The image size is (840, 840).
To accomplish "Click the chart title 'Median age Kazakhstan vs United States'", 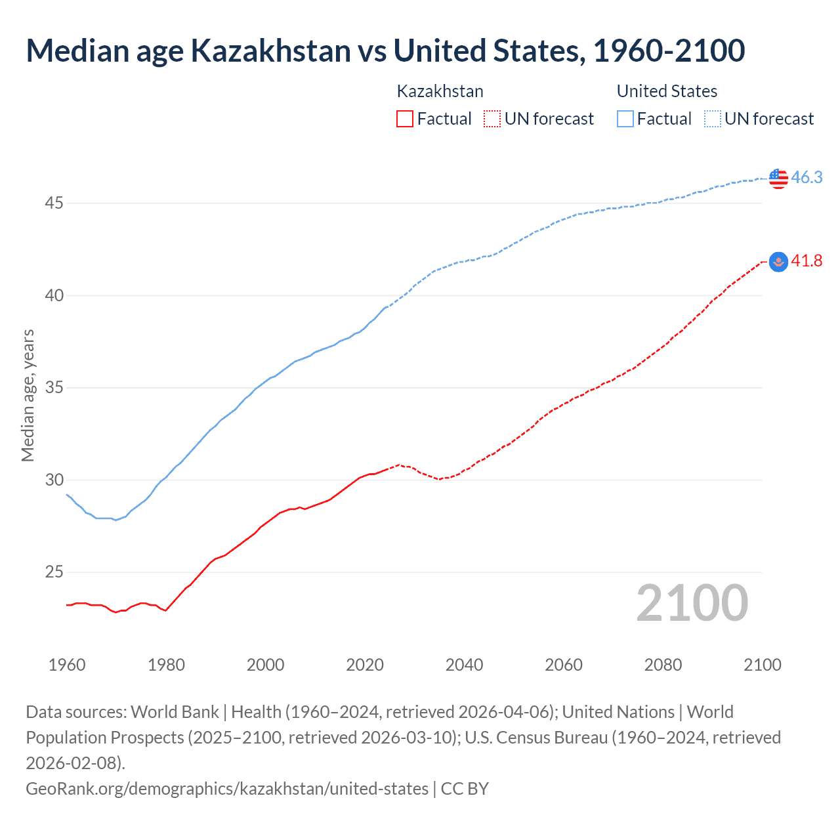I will pos(385,51).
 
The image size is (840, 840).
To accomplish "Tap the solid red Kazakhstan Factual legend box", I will pos(405,119).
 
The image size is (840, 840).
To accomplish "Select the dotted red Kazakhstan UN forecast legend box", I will pos(492,119).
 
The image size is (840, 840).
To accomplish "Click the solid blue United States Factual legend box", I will pos(625,119).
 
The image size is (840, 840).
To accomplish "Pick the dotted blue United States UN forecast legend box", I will pos(712,119).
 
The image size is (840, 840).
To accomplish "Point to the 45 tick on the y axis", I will pos(54,203).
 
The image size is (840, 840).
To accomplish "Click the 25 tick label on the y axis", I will pos(54,572).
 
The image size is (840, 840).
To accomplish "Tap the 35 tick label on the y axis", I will pos(54,388).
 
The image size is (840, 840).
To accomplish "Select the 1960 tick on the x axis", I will pos(67,665).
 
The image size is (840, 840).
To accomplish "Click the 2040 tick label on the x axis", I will pos(464,665).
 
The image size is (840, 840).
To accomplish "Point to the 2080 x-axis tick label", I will pos(663,665).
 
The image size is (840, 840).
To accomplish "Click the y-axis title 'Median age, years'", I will pos(28,396).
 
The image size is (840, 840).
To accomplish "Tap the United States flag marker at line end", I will pos(778,178).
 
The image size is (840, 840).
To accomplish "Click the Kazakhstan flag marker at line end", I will pos(778,262).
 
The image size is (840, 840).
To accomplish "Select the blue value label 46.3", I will pos(807,177).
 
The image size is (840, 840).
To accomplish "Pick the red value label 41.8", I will pos(807,261).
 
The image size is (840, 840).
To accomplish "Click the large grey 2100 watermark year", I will pos(692,603).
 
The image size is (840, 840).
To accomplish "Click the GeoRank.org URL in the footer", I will pos(226,788).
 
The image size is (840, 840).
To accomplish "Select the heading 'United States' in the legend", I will pos(667,91).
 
